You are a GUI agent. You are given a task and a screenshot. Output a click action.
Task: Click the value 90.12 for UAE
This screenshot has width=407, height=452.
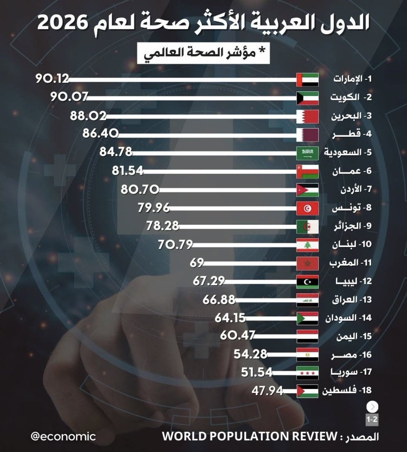tap(52, 79)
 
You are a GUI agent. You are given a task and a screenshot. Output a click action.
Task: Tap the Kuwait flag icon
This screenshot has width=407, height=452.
tap(308, 98)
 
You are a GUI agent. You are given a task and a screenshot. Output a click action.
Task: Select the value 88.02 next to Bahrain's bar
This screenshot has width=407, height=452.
tap(88, 116)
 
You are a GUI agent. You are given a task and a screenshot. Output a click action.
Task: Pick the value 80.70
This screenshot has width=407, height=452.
tap(140, 189)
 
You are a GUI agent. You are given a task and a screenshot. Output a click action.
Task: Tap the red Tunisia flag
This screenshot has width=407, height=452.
tap(308, 208)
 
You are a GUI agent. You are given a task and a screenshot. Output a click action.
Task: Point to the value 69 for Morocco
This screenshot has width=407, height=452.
tap(197, 263)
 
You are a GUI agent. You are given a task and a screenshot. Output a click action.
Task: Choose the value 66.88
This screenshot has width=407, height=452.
tap(219, 300)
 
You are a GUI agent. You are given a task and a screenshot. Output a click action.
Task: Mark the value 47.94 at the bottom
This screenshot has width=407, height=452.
tap(267, 391)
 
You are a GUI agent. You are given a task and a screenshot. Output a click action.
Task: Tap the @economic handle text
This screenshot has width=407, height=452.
tap(63, 437)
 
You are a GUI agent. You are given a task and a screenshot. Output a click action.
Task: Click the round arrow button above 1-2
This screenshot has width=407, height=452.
tap(373, 407)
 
